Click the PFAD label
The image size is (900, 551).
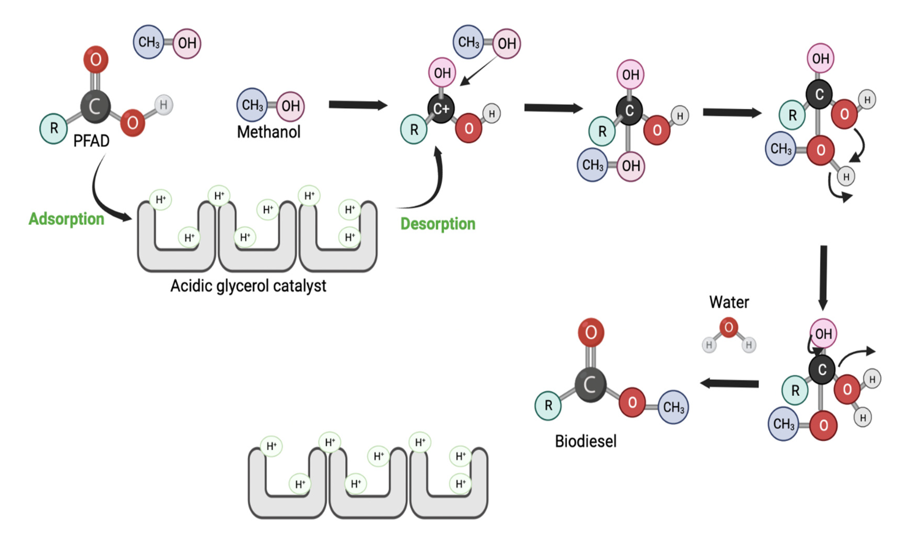pos(91,141)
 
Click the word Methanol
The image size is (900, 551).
pos(268,132)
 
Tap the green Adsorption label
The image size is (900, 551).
pos(66,219)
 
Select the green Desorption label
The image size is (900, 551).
pos(438,224)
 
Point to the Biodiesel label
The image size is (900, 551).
pos(585,441)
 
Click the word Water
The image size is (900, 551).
pos(729,302)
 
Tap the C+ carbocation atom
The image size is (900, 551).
pos(441,109)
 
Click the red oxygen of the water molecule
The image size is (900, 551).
pos(728,327)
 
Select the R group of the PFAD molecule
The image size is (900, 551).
pos(54,129)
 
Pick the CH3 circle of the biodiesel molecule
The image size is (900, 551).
pos(673,407)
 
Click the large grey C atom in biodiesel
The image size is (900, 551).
pos(590,385)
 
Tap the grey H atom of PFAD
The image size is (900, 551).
pos(163,105)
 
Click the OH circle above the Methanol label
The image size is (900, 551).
pos(290,106)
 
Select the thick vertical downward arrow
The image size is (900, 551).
pos(823,277)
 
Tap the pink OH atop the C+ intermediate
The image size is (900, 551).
pos(442,73)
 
